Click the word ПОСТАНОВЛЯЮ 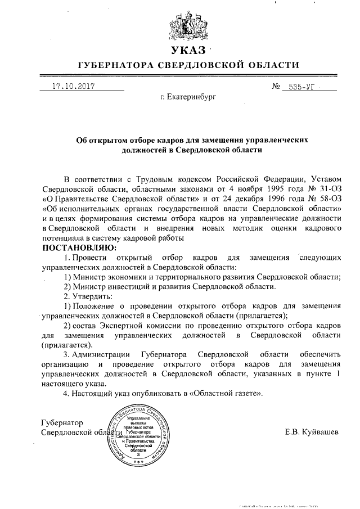click(79, 247)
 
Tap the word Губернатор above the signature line click(62, 422)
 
